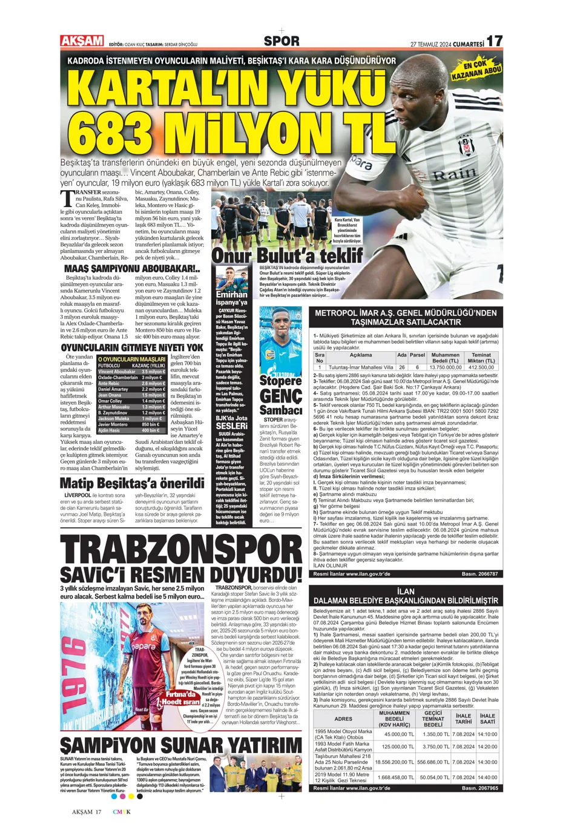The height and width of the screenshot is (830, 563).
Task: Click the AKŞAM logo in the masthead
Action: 82,41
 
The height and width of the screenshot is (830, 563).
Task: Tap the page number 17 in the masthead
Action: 494,41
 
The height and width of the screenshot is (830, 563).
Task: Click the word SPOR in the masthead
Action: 281,41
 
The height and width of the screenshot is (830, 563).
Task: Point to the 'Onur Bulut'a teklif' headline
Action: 286,255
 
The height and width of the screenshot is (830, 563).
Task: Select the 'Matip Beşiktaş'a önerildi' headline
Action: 132,483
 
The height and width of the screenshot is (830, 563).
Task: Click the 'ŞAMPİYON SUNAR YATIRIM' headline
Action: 181,744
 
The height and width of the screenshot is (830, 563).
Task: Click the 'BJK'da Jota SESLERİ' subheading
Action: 232,422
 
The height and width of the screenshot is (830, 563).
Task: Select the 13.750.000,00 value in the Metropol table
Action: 445,367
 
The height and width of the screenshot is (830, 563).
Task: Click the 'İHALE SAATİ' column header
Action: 487,719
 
